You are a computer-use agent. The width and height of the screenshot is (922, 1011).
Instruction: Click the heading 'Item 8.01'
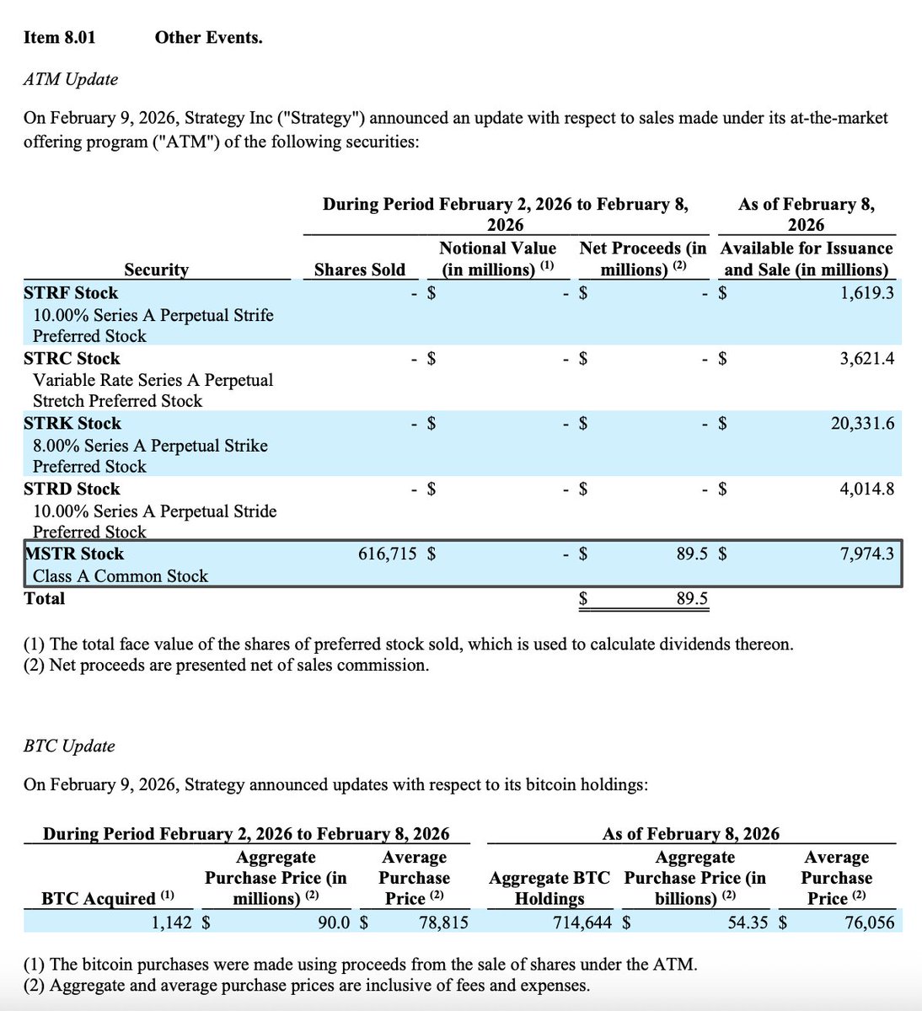pyautogui.click(x=59, y=37)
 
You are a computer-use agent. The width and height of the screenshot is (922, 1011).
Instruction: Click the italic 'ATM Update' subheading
pyautogui.click(x=71, y=79)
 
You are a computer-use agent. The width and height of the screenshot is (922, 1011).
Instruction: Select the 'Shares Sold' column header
pyautogui.click(x=359, y=270)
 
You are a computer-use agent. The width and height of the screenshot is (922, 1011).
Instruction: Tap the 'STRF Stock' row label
pyautogui.click(x=71, y=293)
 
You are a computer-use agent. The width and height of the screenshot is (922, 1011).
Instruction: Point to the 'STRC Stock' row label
pyautogui.click(x=72, y=359)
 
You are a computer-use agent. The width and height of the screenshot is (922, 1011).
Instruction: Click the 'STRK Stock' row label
pyautogui.click(x=72, y=424)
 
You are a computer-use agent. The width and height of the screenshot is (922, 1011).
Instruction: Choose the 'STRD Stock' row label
pyautogui.click(x=72, y=489)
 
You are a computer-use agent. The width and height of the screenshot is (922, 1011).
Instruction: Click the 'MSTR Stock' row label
pyautogui.click(x=74, y=554)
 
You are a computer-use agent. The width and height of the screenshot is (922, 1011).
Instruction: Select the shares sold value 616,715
pyautogui.click(x=388, y=554)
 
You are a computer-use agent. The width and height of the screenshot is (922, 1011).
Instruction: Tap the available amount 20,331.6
pyautogui.click(x=862, y=424)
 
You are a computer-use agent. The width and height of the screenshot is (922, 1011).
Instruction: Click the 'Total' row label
pyautogui.click(x=45, y=599)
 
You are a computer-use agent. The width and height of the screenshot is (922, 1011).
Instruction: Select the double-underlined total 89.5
pyautogui.click(x=692, y=599)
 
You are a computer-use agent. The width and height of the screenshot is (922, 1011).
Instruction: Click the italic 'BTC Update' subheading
pyautogui.click(x=69, y=746)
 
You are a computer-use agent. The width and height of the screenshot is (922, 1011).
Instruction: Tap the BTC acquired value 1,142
pyautogui.click(x=172, y=923)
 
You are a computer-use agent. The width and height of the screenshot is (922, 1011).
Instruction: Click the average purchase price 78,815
pyautogui.click(x=443, y=923)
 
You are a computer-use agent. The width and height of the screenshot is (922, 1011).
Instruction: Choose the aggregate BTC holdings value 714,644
pyautogui.click(x=582, y=923)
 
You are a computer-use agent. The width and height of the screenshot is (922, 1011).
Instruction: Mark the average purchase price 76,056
pyautogui.click(x=869, y=923)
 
